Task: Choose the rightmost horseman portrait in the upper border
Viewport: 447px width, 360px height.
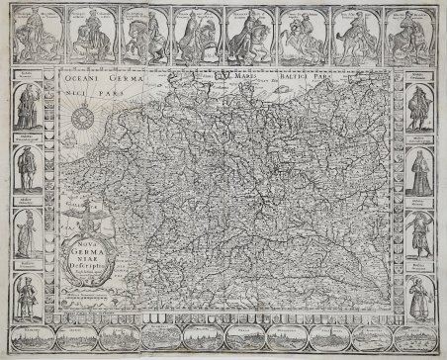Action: click(x=408, y=34)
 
